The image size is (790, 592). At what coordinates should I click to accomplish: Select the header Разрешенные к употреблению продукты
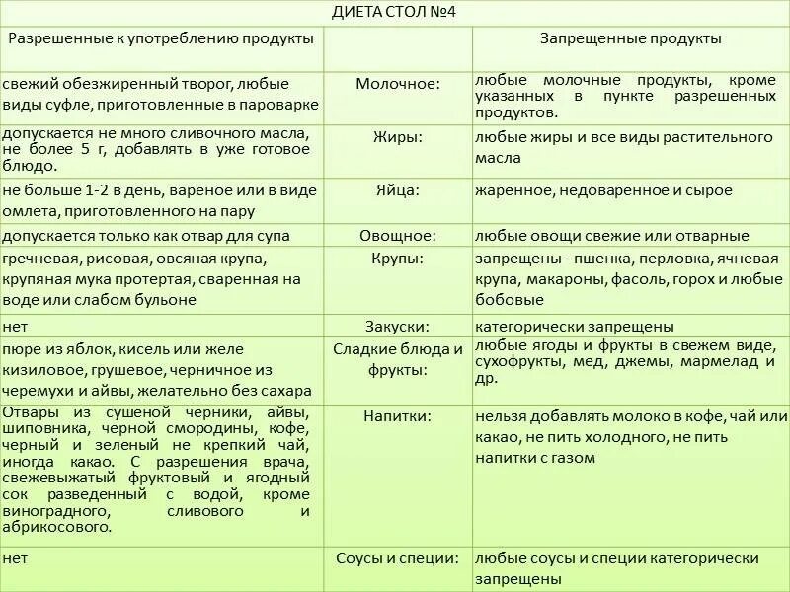click(x=161, y=38)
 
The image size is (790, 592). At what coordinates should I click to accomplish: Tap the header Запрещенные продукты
click(x=630, y=38)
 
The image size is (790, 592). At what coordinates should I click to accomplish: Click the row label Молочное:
click(x=398, y=84)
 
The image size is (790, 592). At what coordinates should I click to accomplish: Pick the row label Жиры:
click(x=398, y=137)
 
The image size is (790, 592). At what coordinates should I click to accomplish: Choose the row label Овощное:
click(x=398, y=236)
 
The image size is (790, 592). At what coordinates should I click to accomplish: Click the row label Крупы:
click(x=398, y=259)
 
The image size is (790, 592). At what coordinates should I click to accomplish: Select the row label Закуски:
click(x=398, y=326)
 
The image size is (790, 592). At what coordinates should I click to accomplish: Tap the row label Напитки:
click(x=398, y=416)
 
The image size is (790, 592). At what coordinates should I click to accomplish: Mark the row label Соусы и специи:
click(x=398, y=558)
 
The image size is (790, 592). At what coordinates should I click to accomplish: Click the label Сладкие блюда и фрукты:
click(x=398, y=359)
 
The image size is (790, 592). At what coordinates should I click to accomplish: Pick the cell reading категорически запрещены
click(x=575, y=326)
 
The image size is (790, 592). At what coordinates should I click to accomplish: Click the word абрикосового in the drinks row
click(x=49, y=528)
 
